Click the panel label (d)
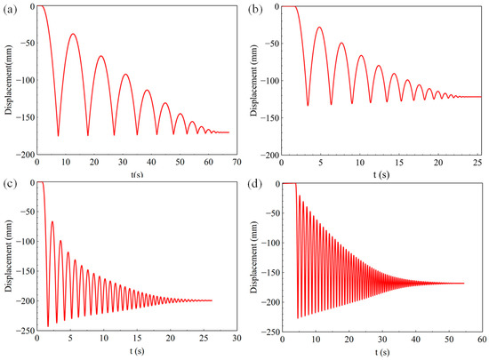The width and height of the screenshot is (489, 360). (259, 182)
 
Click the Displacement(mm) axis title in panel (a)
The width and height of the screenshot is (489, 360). (7, 80)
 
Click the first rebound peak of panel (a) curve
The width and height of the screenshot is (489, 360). (73, 35)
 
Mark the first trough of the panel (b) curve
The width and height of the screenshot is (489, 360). (308, 106)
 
